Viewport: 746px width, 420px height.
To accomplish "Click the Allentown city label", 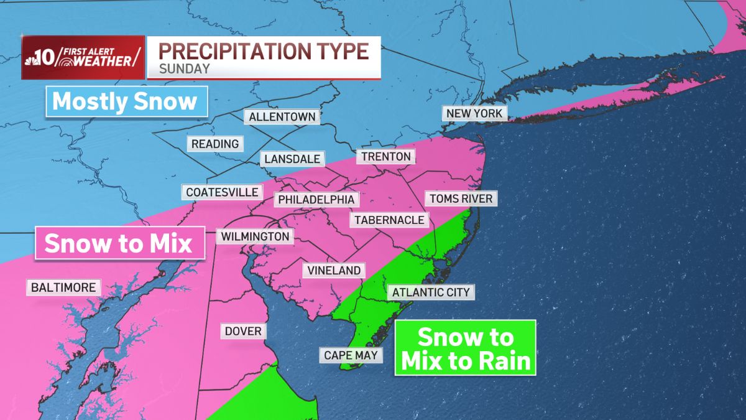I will (282, 116).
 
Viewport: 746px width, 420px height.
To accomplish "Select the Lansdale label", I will (292, 159).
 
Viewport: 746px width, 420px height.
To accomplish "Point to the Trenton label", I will (385, 157).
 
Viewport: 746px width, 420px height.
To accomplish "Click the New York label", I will (475, 113).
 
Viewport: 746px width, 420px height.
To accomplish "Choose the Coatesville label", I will (222, 192).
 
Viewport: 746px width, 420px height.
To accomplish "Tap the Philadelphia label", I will (316, 200).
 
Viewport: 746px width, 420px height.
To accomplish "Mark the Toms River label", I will (461, 198).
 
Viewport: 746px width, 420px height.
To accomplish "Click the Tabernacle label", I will (390, 220).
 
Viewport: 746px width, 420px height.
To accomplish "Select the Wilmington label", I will (255, 236).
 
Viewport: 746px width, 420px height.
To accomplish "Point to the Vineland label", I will (334, 270).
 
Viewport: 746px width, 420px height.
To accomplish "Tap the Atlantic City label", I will (430, 292).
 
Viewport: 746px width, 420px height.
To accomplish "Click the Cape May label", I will (351, 355).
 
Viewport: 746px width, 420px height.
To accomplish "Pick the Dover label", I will (243, 331).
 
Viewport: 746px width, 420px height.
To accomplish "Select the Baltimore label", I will (63, 287).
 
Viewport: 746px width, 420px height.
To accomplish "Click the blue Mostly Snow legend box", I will (125, 101).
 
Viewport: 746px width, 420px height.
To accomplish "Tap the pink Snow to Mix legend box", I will (119, 243).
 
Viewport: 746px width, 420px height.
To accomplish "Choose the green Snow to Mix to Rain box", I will (465, 348).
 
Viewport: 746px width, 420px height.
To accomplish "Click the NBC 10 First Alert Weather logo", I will (83, 57).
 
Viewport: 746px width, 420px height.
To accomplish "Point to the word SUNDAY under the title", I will (185, 68).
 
